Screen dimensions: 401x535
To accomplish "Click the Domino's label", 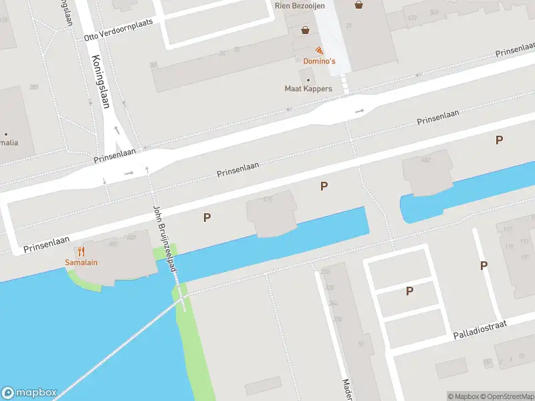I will [x=319, y=61].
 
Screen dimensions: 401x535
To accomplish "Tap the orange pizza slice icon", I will [x=320, y=51].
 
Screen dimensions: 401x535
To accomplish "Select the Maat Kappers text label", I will [x=308, y=89].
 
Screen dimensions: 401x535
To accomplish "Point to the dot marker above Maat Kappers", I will [x=308, y=80].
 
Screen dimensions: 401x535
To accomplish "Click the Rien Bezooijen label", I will [x=300, y=5].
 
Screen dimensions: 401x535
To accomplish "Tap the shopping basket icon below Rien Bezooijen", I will [x=306, y=30].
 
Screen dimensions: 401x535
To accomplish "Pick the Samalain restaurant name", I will [x=81, y=262].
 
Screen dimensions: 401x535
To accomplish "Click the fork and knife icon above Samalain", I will [x=81, y=251].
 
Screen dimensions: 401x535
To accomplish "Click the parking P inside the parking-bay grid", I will [x=409, y=291].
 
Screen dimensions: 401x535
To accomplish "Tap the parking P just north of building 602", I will [x=499, y=140].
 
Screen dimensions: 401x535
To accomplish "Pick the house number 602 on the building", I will [x=425, y=160].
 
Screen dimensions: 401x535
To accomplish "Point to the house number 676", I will [x=267, y=198].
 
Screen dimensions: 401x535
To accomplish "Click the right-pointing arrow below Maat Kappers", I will [x=359, y=111].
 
